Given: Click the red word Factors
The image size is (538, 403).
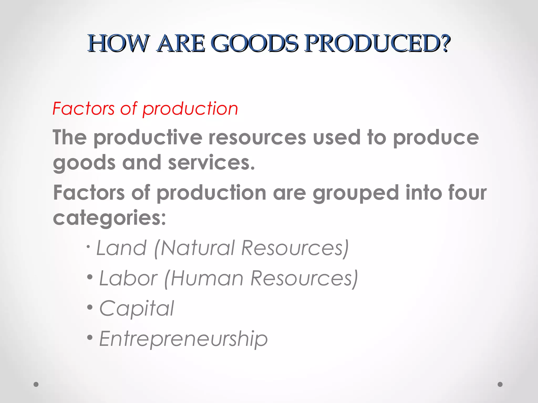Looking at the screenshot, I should [x=84, y=108].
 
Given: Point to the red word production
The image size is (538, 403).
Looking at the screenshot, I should [x=190, y=109].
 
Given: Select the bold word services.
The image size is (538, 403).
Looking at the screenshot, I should [x=211, y=163].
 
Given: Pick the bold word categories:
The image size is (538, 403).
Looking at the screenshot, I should [x=110, y=218].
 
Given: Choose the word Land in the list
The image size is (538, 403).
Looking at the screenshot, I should [x=121, y=248].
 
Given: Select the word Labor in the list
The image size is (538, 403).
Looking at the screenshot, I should [x=128, y=278].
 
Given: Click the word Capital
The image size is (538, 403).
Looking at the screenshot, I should [x=137, y=309].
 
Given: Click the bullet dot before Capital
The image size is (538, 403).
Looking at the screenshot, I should [x=90, y=307].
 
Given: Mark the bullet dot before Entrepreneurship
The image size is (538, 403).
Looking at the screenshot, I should [x=90, y=337].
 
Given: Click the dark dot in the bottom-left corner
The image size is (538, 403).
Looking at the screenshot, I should [x=36, y=384].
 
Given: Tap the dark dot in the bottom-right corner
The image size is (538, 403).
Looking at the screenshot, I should [x=500, y=384].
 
